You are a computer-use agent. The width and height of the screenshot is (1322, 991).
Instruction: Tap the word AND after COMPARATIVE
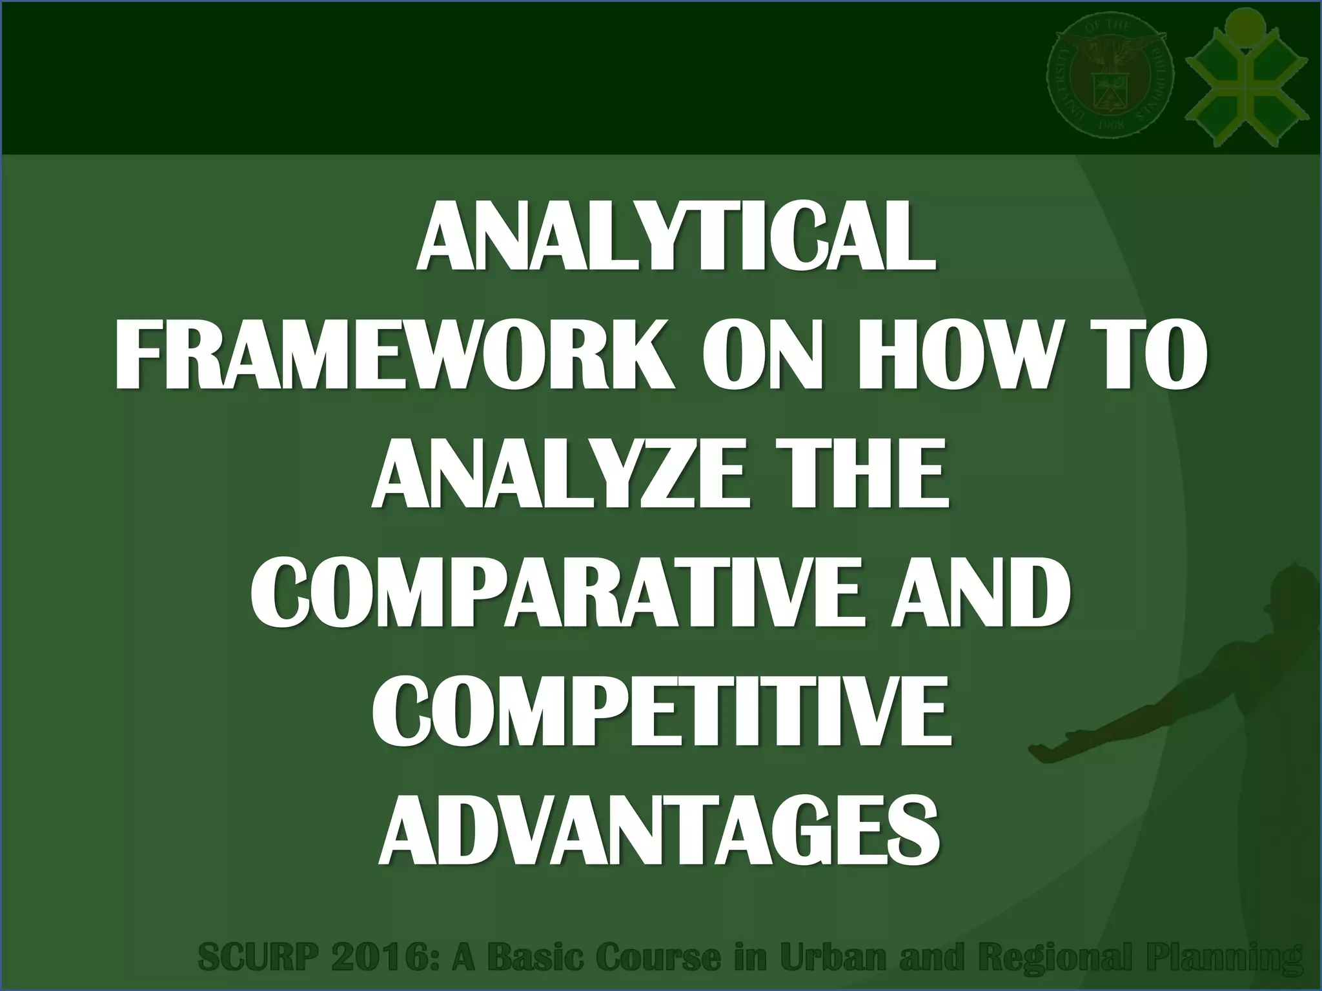[979, 596]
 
